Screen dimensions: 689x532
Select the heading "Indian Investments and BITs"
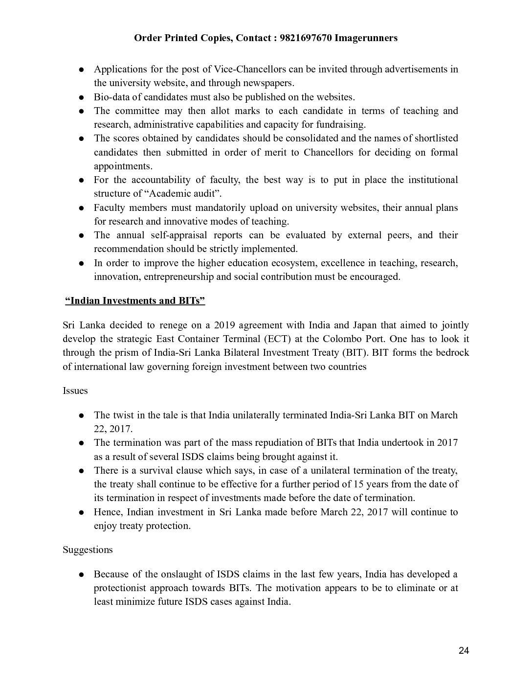tap(135, 300)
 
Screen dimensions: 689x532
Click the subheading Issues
tap(75, 390)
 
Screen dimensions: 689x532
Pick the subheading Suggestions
tap(88, 550)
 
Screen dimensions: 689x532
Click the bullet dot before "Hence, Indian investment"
tap(83, 513)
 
